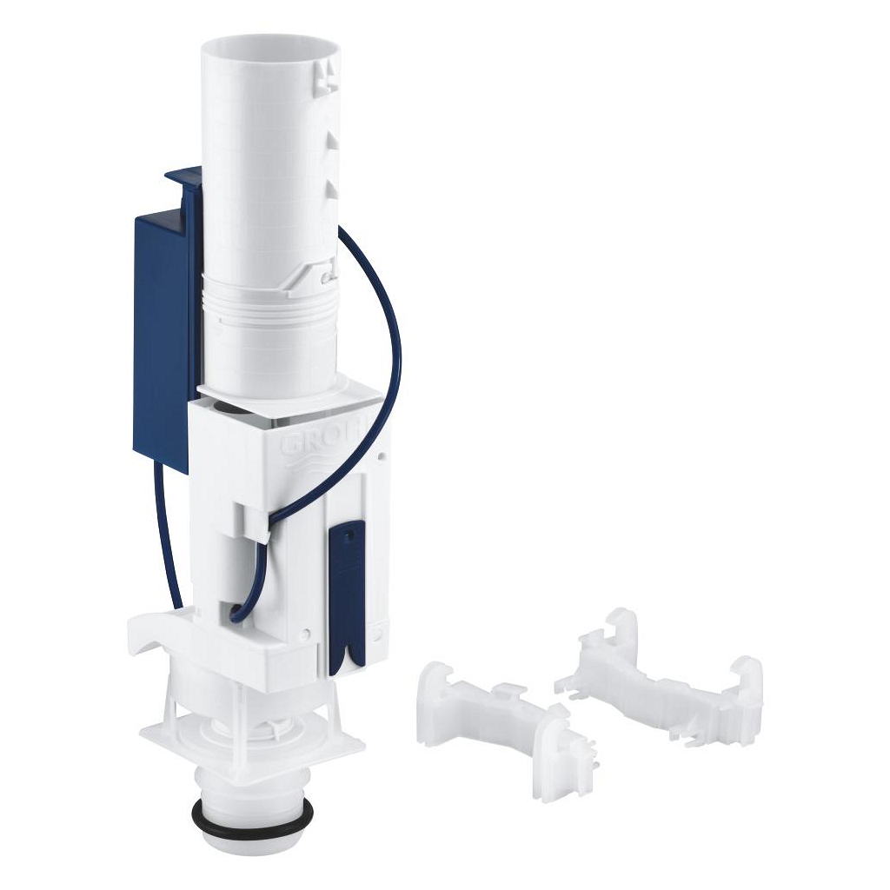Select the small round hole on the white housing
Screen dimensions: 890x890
[382, 455]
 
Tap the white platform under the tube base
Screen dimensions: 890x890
[287, 391]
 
